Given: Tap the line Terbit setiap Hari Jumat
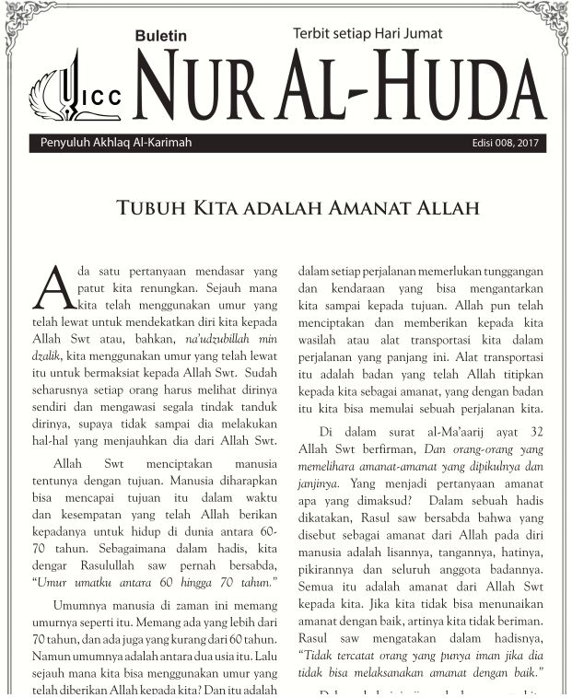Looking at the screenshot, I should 368,33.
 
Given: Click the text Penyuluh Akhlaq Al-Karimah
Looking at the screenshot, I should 116,144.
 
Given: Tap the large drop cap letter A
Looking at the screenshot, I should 53,287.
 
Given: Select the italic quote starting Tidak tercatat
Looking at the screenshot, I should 420,656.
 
